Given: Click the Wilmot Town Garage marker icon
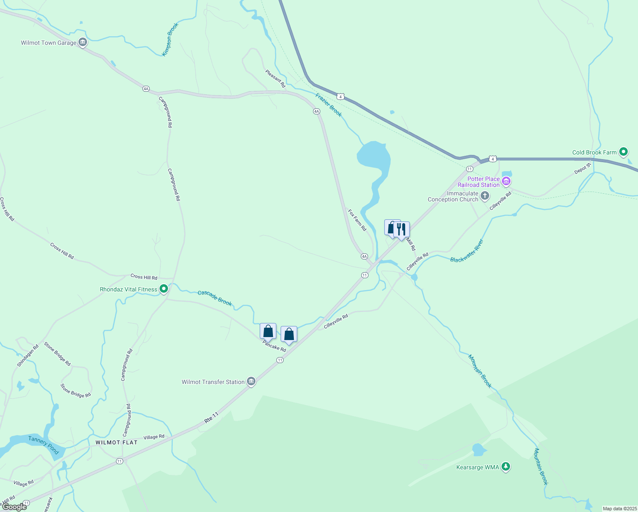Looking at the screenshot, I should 83,42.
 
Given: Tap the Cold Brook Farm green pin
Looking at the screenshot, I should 623,152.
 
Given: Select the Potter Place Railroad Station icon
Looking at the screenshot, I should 506,181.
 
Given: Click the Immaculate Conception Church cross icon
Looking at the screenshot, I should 484,196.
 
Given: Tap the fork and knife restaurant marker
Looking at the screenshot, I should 401,230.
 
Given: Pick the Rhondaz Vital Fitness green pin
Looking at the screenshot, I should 163,289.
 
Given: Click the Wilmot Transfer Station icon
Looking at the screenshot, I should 251,381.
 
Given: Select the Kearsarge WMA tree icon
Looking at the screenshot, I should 505,467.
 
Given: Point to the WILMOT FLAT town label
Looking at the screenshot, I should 116,442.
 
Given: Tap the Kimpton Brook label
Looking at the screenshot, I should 170,40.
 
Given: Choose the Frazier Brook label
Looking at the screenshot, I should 328,105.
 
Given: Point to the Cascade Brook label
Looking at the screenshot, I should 215,298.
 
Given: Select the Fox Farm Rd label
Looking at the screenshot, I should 357,220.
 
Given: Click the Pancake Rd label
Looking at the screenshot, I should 274,346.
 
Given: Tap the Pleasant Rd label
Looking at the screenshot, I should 275,79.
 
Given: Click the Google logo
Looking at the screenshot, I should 14,507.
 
